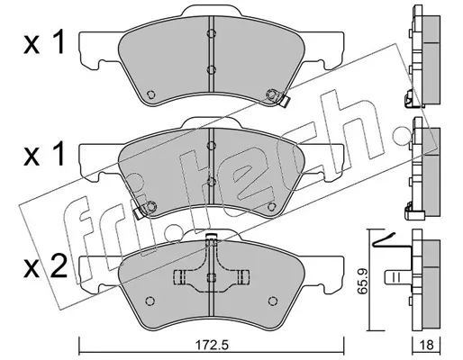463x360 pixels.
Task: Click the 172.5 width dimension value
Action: (x=213, y=345)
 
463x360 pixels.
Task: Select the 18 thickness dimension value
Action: (x=426, y=345)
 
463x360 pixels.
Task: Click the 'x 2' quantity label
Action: (x=45, y=267)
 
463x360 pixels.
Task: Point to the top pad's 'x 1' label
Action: (x=44, y=43)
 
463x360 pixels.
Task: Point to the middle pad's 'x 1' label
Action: (x=44, y=155)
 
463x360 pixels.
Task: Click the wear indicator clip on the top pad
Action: (x=284, y=100)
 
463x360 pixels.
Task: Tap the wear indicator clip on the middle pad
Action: (x=140, y=212)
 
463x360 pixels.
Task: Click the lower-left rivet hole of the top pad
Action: (x=150, y=94)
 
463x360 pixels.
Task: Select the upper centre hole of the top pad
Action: (x=212, y=33)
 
